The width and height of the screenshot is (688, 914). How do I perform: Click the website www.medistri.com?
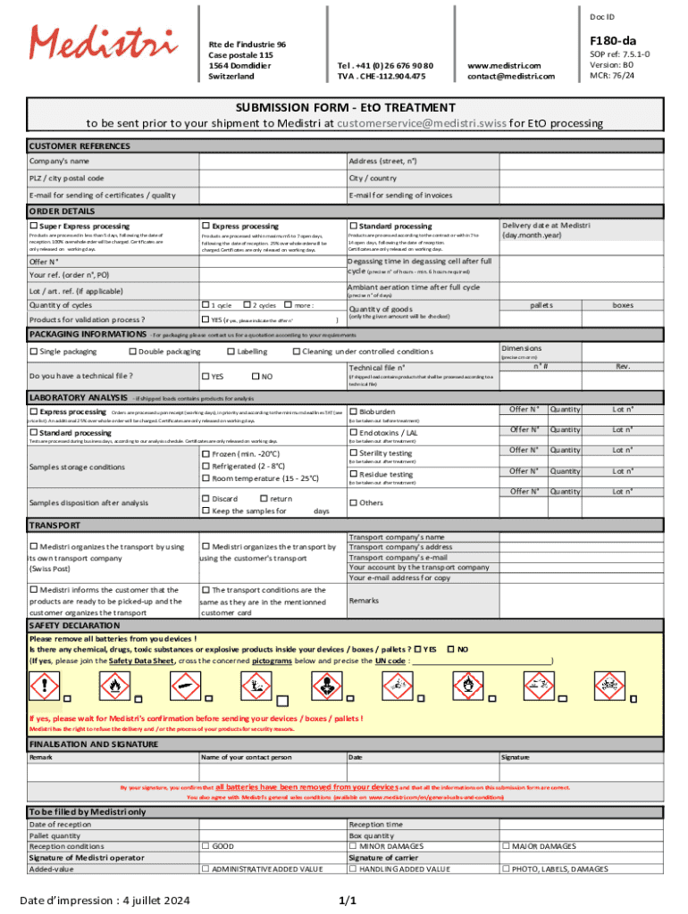[504, 65]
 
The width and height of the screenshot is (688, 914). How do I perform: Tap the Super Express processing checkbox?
[33, 227]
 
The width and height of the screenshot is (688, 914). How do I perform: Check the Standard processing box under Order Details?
[353, 227]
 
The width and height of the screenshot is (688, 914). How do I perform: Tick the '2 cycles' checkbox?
[246, 305]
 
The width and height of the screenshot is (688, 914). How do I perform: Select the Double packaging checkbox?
[132, 352]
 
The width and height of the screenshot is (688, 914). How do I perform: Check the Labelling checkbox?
[231, 352]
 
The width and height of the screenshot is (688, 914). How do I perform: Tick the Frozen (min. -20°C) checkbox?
[206, 453]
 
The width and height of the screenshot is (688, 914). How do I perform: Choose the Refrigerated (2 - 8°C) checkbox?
[206, 466]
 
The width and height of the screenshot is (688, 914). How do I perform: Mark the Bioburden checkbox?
[353, 411]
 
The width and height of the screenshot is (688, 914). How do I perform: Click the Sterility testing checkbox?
[353, 453]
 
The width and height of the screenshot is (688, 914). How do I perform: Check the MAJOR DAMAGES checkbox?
[506, 845]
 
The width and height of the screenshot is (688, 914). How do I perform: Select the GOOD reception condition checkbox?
[206, 845]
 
